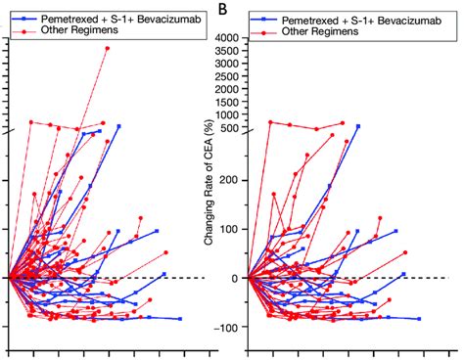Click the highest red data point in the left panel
coord(108,48)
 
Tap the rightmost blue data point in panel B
coord(419,319)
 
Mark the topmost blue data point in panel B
coord(357,126)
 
